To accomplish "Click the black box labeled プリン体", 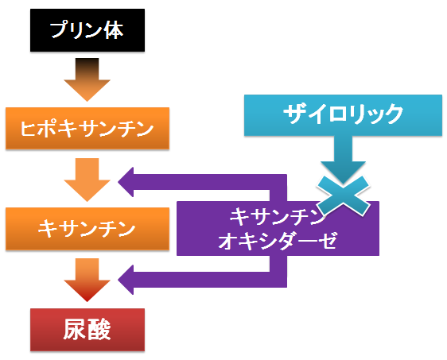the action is click(x=87, y=30).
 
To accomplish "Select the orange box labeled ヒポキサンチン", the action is click(x=87, y=128).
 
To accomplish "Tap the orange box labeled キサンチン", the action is click(x=87, y=229).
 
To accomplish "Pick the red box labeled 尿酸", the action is click(x=87, y=330).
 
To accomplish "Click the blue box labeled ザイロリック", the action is click(x=343, y=115).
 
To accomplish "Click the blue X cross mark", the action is click(x=343, y=195).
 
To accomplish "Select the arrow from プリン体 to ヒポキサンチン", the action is click(x=87, y=79).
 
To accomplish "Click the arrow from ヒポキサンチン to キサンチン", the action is click(x=87, y=180).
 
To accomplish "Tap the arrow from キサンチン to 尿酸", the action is click(x=87, y=281).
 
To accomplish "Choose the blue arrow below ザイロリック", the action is click(x=343, y=160).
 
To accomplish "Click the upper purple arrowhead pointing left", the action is click(x=126, y=182).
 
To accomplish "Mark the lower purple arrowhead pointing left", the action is click(x=126, y=280).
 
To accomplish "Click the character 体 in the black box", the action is click(x=114, y=30).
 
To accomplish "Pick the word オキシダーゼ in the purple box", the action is click(x=278, y=241).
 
